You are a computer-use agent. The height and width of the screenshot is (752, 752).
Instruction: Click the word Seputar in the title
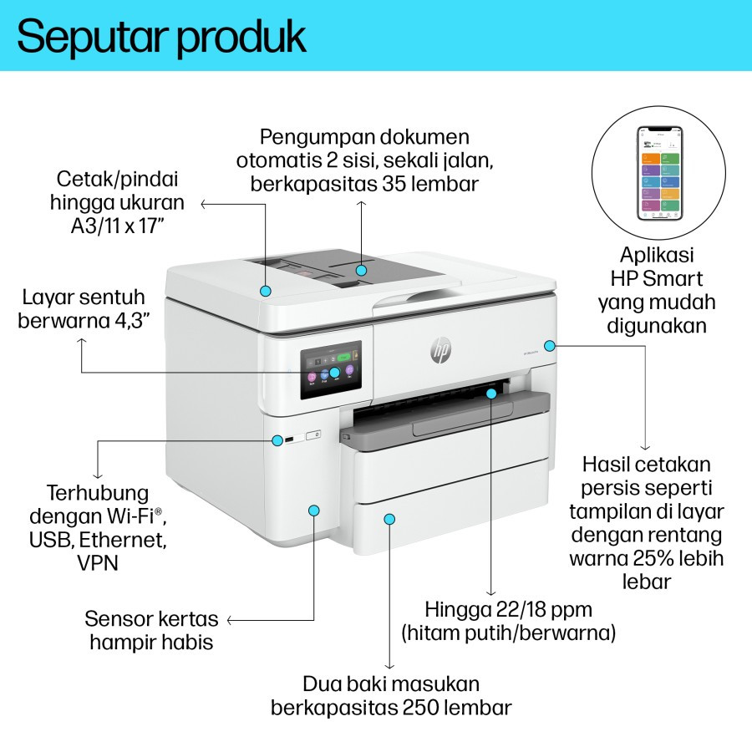pos(89,37)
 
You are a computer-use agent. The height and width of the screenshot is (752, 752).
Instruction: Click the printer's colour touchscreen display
pos(331,372)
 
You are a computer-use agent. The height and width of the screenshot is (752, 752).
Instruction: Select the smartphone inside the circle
pos(659,173)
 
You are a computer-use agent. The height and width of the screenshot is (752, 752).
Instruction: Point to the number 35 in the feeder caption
pos(384,184)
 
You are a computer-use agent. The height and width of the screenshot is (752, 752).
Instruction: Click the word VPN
pos(98,562)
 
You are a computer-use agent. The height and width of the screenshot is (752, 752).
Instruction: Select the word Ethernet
pos(126,539)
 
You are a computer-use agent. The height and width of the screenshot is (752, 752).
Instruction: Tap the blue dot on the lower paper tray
pos(389,519)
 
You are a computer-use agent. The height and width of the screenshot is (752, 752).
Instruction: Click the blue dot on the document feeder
pos(361,270)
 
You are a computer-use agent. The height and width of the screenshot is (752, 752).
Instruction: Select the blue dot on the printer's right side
pos(549,344)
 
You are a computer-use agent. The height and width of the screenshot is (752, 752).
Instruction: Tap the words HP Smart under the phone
pos(656,279)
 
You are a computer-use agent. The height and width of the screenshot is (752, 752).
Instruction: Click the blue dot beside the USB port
pos(277,439)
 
